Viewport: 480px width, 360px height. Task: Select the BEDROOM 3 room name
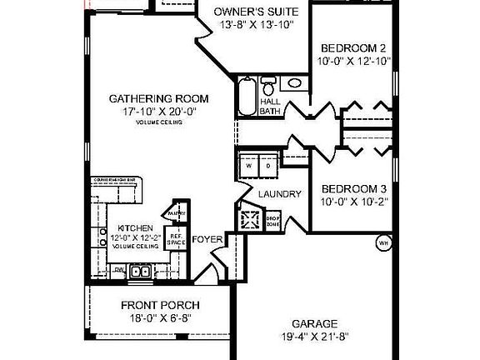(x=354, y=187)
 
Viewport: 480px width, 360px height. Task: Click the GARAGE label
(x=314, y=324)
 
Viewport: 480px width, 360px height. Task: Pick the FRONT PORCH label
(x=159, y=304)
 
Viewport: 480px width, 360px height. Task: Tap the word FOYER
(x=207, y=240)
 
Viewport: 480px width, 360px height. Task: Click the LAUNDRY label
(x=279, y=194)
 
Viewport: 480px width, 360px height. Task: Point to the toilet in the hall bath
(x=269, y=86)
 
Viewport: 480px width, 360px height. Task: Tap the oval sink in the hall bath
(x=293, y=85)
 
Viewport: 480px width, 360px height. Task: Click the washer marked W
(x=249, y=165)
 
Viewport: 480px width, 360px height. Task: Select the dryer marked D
(x=268, y=165)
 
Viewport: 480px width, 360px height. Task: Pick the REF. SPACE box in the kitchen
(x=176, y=239)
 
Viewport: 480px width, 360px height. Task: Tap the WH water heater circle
(x=384, y=243)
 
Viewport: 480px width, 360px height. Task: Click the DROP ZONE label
(x=272, y=222)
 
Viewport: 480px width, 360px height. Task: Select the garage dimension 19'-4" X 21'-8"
(x=314, y=338)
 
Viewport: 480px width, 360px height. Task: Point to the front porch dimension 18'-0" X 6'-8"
(x=159, y=318)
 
